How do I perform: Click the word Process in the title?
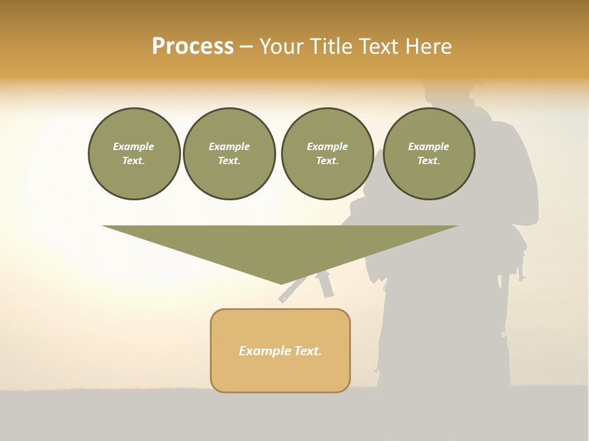coord(193,47)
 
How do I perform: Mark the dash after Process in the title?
coord(246,47)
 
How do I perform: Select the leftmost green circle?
coord(134,154)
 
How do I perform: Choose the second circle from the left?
coord(229,154)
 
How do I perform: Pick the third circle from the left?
coord(327,154)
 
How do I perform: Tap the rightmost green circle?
coord(429,154)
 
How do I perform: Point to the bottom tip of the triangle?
coord(281,282)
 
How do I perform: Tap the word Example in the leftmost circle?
coord(134,146)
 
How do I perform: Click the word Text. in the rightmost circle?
coord(429,161)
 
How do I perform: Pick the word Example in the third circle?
coord(327,146)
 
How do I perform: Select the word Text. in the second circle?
coord(229,161)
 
